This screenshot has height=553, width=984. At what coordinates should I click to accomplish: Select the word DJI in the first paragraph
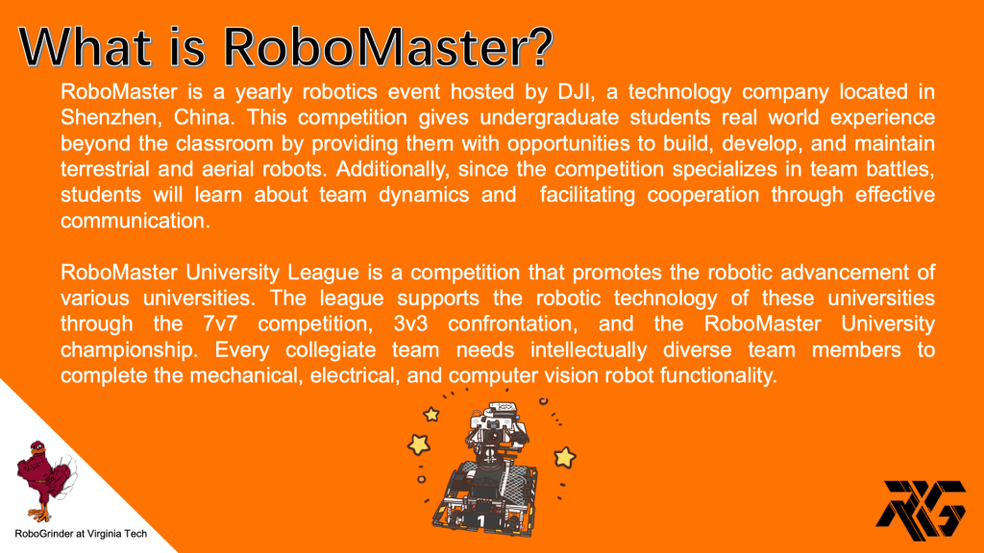click(x=575, y=92)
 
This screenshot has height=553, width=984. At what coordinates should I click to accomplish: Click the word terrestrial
click(x=105, y=169)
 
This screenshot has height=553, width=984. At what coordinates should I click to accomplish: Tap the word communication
click(x=135, y=221)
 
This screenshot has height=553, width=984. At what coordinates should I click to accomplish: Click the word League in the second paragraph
click(x=323, y=273)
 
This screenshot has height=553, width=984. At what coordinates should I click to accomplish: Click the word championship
click(x=129, y=349)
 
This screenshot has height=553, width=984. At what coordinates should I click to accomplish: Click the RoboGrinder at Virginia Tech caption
click(x=81, y=534)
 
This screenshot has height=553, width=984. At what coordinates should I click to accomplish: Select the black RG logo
click(x=921, y=511)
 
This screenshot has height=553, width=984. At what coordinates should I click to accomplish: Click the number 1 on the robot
click(x=480, y=520)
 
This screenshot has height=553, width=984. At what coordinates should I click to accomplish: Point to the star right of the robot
click(x=564, y=458)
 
